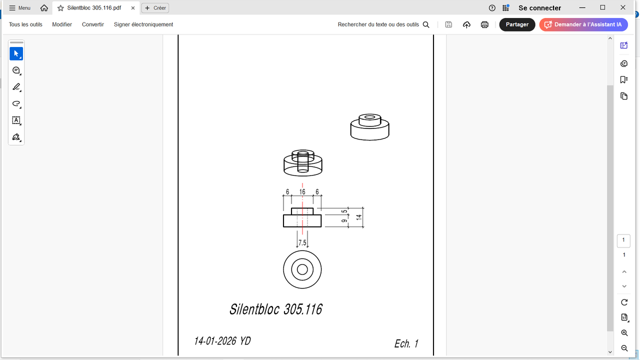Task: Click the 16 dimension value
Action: click(302, 192)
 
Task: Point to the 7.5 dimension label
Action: click(302, 243)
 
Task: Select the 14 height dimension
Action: click(359, 217)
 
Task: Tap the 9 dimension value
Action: click(344, 221)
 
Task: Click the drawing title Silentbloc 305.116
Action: click(275, 309)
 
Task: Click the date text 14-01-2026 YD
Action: click(222, 341)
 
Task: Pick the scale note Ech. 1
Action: click(406, 343)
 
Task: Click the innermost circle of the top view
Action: click(302, 264)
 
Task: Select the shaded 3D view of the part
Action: click(369, 127)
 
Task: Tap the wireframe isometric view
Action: click(303, 163)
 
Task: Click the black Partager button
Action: click(517, 24)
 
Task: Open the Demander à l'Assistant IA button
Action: click(583, 24)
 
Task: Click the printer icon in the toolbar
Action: click(484, 24)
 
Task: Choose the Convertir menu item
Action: click(93, 24)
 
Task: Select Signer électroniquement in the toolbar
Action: click(143, 24)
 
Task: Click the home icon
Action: click(44, 8)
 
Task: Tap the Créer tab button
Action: click(155, 8)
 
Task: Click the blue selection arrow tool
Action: click(16, 53)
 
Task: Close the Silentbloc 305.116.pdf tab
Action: click(133, 8)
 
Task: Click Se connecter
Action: click(539, 8)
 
